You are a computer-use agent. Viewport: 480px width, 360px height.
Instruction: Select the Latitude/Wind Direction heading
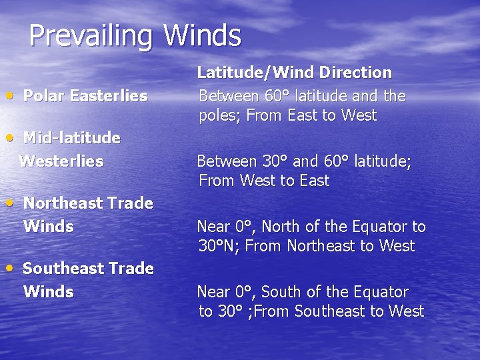(x=294, y=73)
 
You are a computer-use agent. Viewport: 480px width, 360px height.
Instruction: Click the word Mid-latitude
(x=72, y=138)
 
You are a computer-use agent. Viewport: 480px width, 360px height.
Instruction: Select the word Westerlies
(x=61, y=161)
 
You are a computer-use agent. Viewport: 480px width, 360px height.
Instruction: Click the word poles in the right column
(x=219, y=116)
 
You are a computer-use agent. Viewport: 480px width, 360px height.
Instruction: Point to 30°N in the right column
(x=219, y=246)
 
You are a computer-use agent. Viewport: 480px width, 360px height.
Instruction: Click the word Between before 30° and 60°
(x=226, y=161)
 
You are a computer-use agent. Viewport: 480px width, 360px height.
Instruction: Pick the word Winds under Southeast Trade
(x=49, y=291)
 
